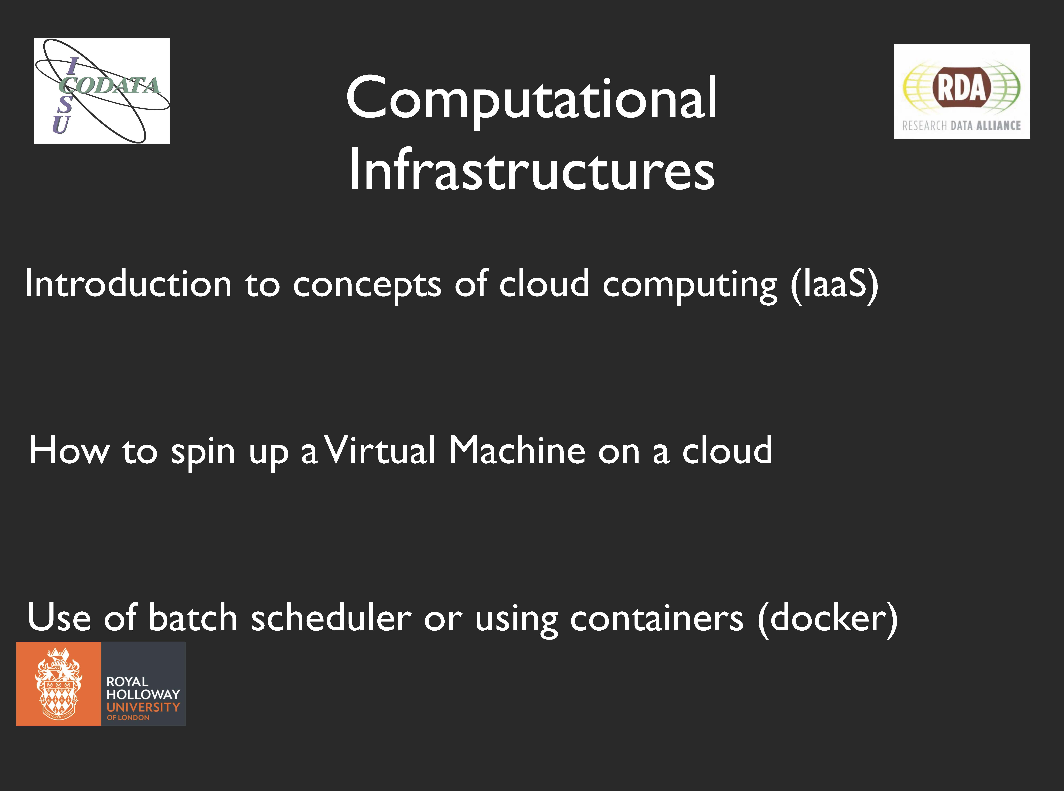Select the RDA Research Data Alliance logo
tap(962, 91)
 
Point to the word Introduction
tap(128, 284)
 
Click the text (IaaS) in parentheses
tap(834, 284)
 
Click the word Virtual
tap(381, 451)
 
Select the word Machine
tap(517, 451)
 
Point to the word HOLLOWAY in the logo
tap(143, 694)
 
